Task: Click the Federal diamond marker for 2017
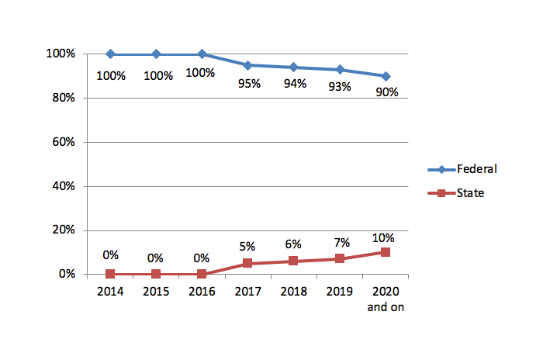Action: [x=247, y=65]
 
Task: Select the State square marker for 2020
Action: [x=385, y=252]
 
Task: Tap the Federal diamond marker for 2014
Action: [x=110, y=54]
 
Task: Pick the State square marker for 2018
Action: [x=293, y=261]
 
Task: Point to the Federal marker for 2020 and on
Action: [x=386, y=76]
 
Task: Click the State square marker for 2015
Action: [x=156, y=274]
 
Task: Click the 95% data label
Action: [x=249, y=84]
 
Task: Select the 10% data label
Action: [x=383, y=238]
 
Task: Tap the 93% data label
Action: [x=340, y=86]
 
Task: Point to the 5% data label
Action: [x=247, y=246]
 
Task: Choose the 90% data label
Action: [x=387, y=92]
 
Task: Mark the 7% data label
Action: [x=341, y=242]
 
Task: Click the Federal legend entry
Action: [x=462, y=169]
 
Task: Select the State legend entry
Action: [x=456, y=193]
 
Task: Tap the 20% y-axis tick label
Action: [x=64, y=230]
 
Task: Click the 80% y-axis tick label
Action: [x=64, y=98]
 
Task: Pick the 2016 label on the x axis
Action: [x=202, y=291]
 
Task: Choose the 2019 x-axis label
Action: [x=340, y=291]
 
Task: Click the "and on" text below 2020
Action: [x=386, y=307]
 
